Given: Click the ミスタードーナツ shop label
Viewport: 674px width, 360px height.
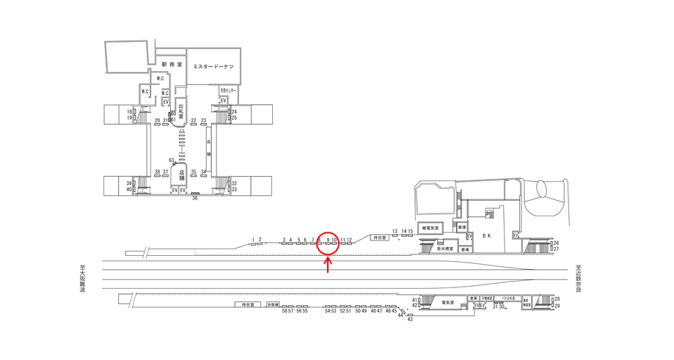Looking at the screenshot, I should pos(213,67).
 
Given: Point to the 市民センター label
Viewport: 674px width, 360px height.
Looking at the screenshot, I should pos(228,91).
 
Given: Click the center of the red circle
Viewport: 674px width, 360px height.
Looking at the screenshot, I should pos(328,243).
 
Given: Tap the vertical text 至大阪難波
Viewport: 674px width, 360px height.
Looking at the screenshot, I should pos(82,280).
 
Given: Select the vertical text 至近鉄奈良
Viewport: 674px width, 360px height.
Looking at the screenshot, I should pos(579,279).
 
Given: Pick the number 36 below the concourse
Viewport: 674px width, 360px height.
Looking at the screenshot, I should pos(195,198).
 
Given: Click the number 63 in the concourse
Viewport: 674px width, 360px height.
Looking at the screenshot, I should pos(171,160).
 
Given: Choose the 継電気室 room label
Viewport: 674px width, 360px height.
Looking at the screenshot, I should pos(429,228).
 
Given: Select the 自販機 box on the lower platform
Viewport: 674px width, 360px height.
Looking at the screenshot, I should pos(273,304).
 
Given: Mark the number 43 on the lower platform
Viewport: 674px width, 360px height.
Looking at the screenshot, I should pos(410,320).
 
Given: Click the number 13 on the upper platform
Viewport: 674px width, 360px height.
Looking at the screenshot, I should pos(395,230).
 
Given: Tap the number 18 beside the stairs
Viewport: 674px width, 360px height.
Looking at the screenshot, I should pos(129,111).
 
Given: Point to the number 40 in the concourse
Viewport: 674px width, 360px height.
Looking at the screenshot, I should pos(129,190).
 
